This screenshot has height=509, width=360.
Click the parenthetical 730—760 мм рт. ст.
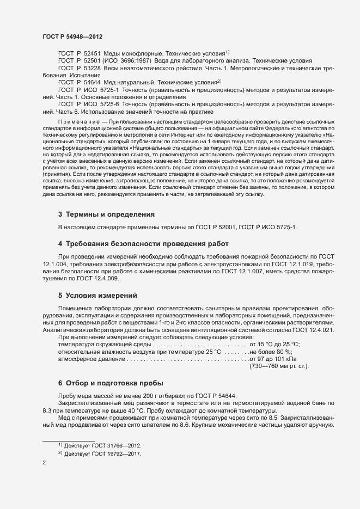279,367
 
